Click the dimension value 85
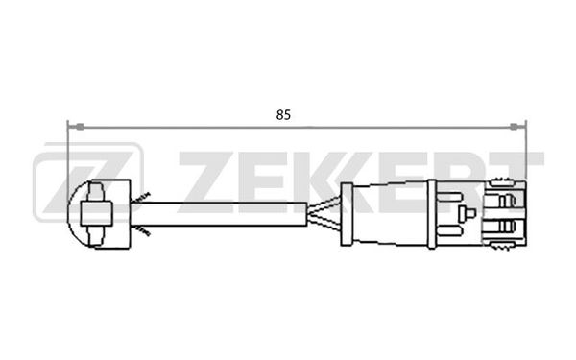coord(283,115)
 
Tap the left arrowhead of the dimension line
coord(77,127)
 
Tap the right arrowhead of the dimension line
coord(518,127)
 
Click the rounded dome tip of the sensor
coord(74,214)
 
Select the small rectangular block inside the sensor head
coord(96,213)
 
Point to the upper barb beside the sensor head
coord(141,197)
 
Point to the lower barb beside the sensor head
coord(141,230)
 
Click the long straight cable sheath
coord(219,214)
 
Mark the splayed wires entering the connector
coord(324,214)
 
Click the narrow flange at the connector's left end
coord(347,214)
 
